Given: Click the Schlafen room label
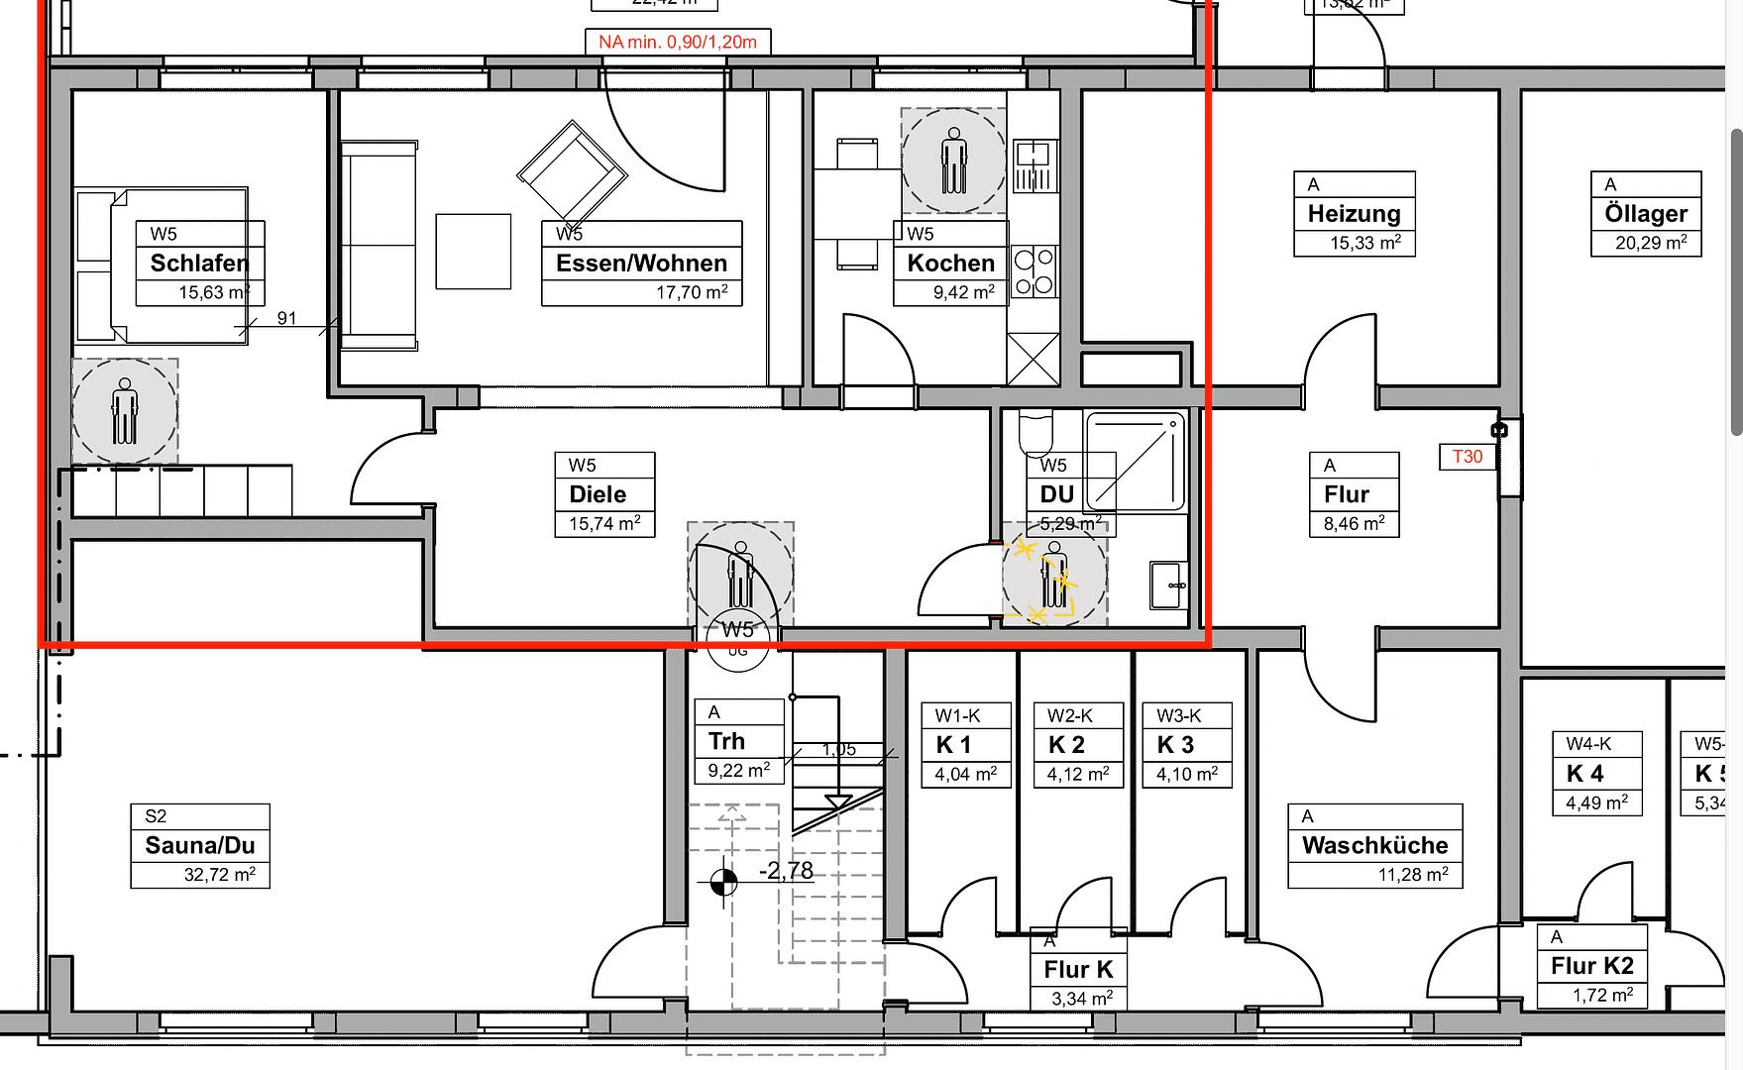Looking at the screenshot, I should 199,264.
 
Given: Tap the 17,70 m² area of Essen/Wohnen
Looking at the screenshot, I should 692,292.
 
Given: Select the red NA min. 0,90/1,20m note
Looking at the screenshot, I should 678,42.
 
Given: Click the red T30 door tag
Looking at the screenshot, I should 1467,457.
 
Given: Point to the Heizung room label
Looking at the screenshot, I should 1354,214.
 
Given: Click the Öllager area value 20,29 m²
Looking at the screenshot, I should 1651,243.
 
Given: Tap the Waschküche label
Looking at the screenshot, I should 1374,845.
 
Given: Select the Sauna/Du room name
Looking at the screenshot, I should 200,845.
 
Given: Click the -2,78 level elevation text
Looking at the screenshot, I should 786,871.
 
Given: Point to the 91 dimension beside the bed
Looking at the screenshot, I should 286,318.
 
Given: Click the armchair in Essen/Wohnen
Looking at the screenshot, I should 572,171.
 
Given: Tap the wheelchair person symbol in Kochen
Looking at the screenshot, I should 953,160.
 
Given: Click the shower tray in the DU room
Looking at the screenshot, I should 1137,462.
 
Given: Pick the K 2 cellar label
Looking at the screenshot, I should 1066,745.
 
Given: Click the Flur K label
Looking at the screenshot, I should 1078,970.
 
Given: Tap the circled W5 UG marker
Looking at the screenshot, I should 738,638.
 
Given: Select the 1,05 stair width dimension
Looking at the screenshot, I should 838,750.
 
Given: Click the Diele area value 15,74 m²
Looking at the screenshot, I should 604,523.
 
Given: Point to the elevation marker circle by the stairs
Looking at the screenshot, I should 724,881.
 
